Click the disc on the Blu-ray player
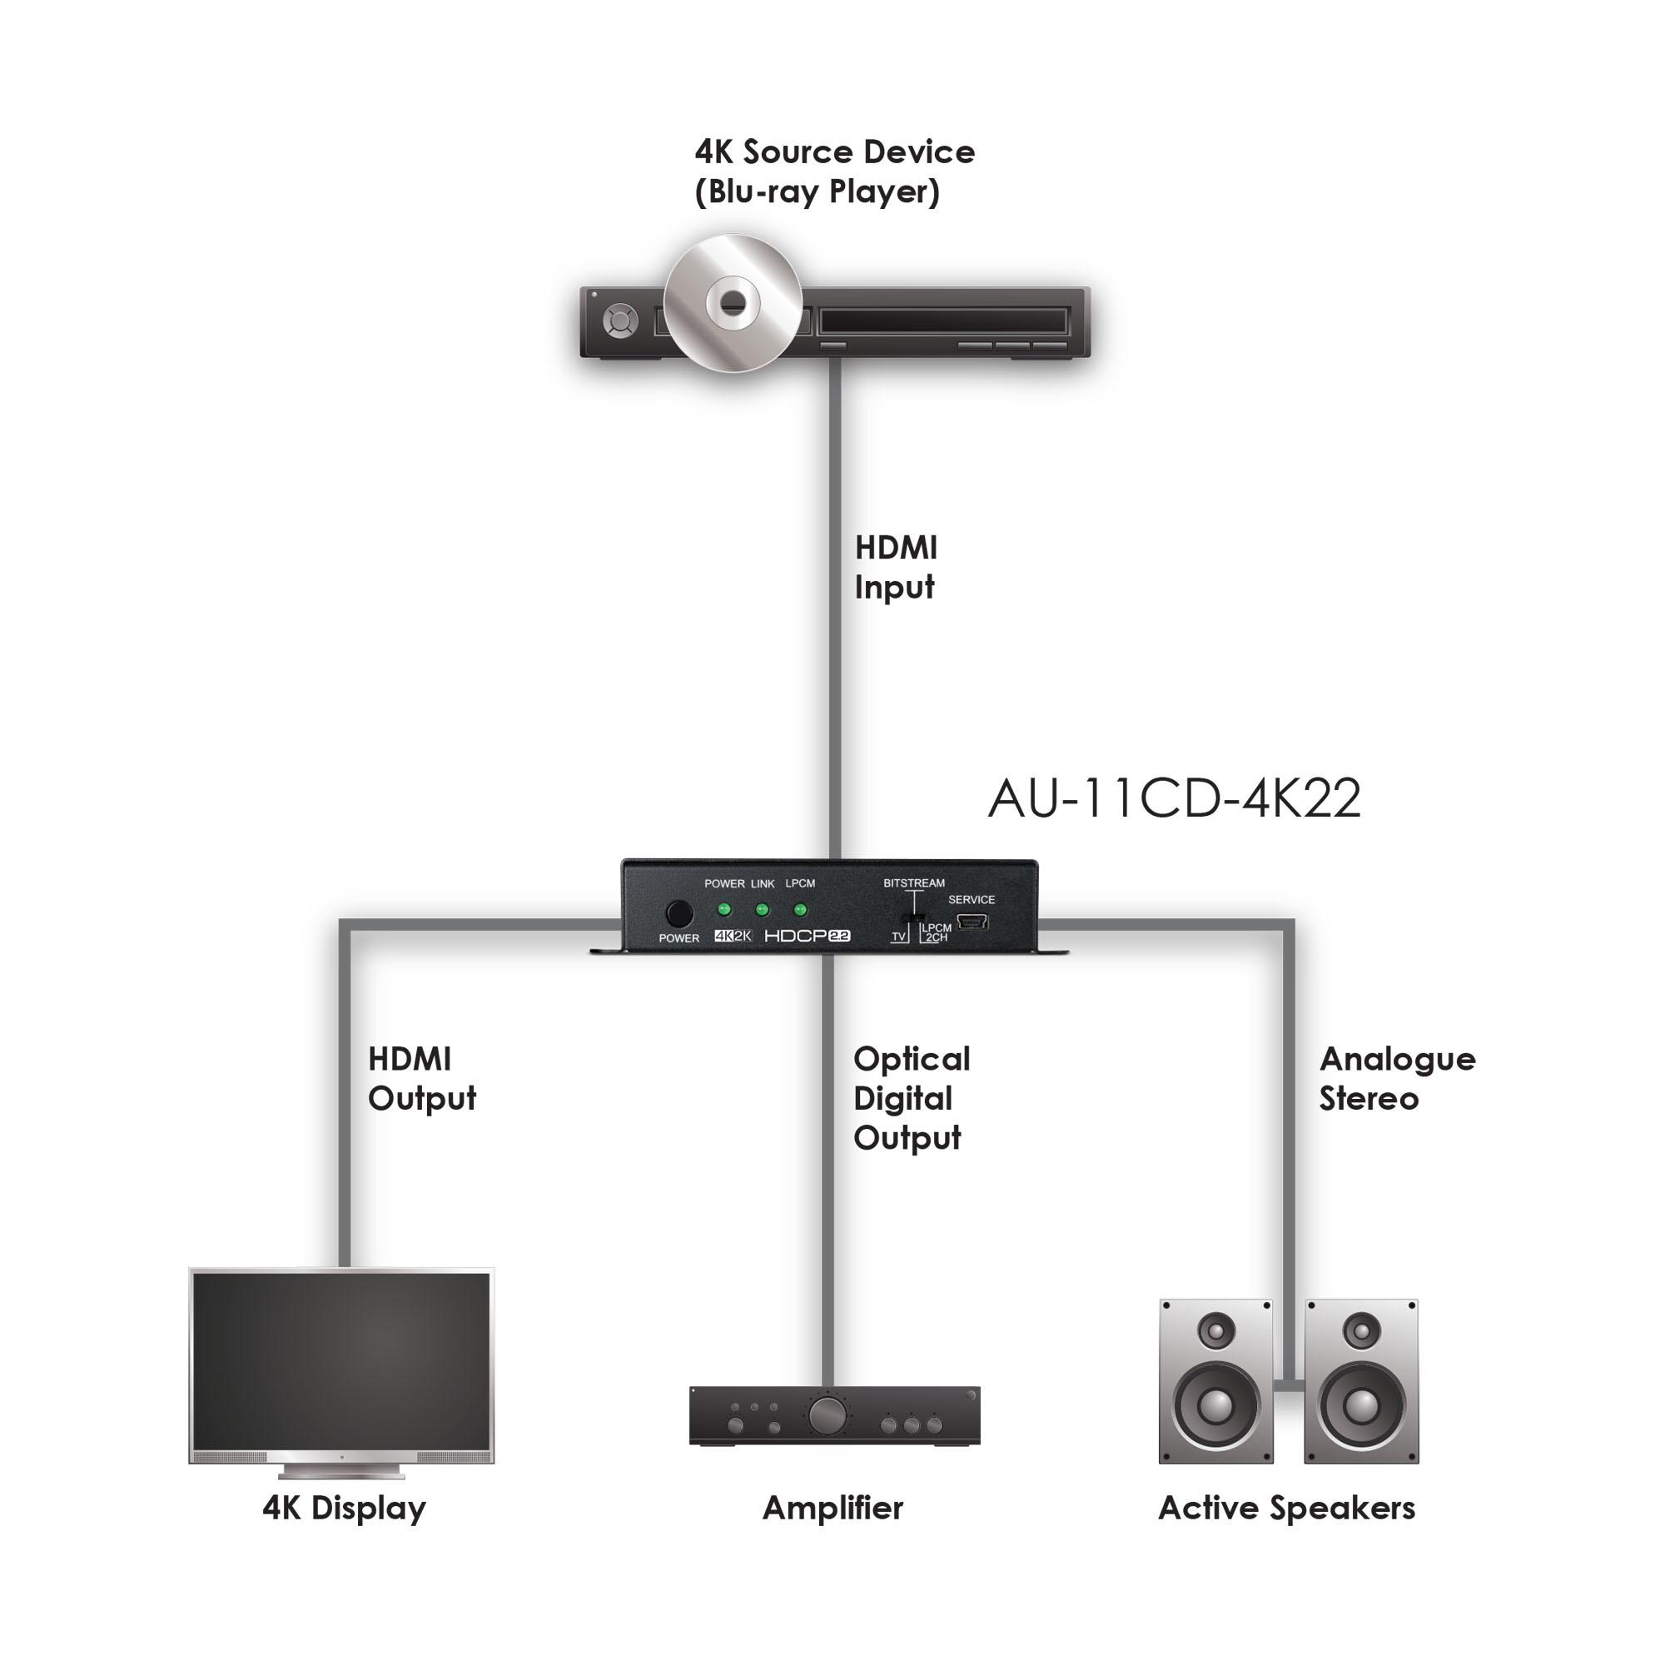pyautogui.click(x=733, y=302)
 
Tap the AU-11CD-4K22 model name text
pyautogui.click(x=1174, y=798)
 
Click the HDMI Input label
pyautogui.click(x=896, y=567)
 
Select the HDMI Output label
pyautogui.click(x=421, y=1078)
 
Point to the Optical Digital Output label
pyautogui.click(x=912, y=1098)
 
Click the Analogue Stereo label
pyautogui.click(x=1397, y=1078)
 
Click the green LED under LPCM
pyautogui.click(x=800, y=909)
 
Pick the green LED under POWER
pyautogui.click(x=724, y=909)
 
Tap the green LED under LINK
pyautogui.click(x=762, y=909)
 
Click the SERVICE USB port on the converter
pyautogui.click(x=972, y=922)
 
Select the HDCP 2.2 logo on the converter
pyautogui.click(x=808, y=936)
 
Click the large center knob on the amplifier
pyautogui.click(x=827, y=1414)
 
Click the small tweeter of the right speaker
pyautogui.click(x=1362, y=1332)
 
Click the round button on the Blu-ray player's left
pyautogui.click(x=619, y=321)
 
